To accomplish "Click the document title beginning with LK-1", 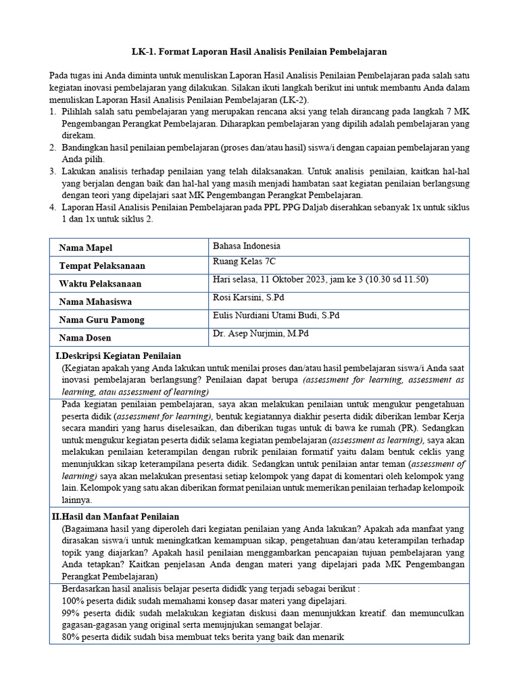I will pos(259,51).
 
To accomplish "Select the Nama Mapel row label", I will pos(86,248).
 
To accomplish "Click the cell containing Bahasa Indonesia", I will pos(246,246).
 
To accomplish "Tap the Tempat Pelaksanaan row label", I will pos(102,266).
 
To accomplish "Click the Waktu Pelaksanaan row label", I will pos(100,284).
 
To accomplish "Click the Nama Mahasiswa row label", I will pos(95,301).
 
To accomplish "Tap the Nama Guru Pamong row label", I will pos(101,320).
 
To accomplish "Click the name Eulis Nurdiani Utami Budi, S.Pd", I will pos(276,315).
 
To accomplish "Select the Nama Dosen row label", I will pos(85,337).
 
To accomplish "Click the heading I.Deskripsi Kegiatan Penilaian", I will pos(118,355).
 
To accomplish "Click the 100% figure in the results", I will pos(72,601).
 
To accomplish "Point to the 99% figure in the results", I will pos(70,613).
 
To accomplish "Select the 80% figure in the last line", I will pos(70,636).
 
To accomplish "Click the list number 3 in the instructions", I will pos(53,172).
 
